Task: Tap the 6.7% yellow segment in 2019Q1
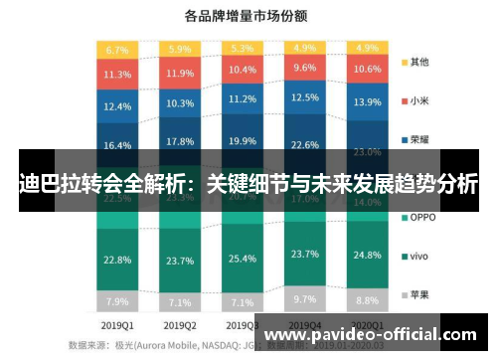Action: click(117, 49)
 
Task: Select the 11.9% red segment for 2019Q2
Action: click(180, 74)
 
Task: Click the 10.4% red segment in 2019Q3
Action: click(243, 70)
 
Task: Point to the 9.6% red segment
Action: click(305, 68)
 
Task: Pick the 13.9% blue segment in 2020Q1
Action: click(368, 102)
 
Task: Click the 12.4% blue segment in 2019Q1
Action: click(117, 106)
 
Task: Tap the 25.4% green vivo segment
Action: click(243, 260)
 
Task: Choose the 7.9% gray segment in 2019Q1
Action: click(117, 301)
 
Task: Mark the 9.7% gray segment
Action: click(305, 298)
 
